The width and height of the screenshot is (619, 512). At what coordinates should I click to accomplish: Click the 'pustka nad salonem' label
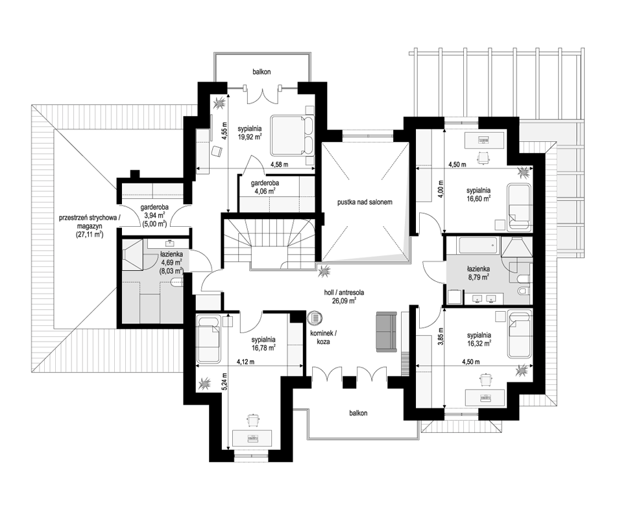pos(365,202)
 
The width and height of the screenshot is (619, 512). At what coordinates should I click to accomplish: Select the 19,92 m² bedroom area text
pos(250,137)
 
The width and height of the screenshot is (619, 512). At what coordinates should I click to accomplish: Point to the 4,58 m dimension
pos(279,165)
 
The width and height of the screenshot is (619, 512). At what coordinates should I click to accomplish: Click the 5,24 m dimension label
pos(225,382)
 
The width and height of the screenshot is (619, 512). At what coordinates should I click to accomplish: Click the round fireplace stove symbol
pos(315,318)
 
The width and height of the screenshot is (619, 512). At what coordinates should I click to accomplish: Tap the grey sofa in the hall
pos(386,331)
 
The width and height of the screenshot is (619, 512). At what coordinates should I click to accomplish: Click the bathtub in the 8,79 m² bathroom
pos(476,246)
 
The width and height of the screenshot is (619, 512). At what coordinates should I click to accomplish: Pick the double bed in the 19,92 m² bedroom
pos(292,135)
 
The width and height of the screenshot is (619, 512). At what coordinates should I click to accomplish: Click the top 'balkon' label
pos(261,72)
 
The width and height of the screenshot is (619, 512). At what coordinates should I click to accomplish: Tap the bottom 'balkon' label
pos(358,413)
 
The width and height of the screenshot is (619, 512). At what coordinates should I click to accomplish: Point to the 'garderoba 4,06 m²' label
pos(265,187)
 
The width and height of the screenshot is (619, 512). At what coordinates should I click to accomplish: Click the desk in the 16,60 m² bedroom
pos(485,139)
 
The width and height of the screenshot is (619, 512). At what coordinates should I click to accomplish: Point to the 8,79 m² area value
pos(479,277)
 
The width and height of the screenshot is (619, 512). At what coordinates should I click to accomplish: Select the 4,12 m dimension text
pos(245,362)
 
